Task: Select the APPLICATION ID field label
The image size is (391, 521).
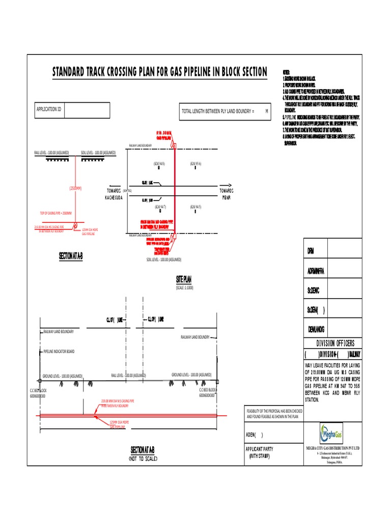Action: [x=49, y=109]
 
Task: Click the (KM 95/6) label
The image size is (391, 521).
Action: [x=195, y=163]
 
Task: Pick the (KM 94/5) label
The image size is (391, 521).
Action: [x=195, y=207]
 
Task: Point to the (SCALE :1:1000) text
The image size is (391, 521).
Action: [x=184, y=288]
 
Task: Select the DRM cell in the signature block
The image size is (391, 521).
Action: [x=311, y=252]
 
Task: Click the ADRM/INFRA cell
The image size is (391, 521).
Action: [x=319, y=271]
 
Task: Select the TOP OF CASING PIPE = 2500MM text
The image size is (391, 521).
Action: [x=56, y=213]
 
